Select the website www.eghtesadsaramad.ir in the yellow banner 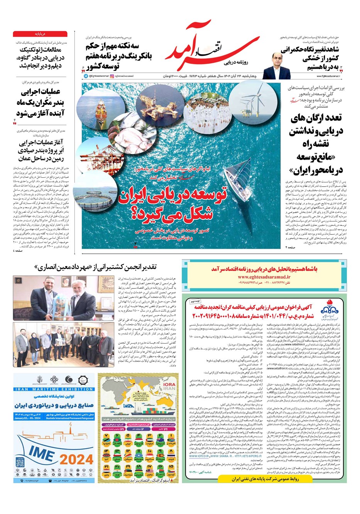(x=264, y=276)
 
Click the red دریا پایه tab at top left (x=40, y=34)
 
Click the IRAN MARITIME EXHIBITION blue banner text (x=54, y=389)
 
